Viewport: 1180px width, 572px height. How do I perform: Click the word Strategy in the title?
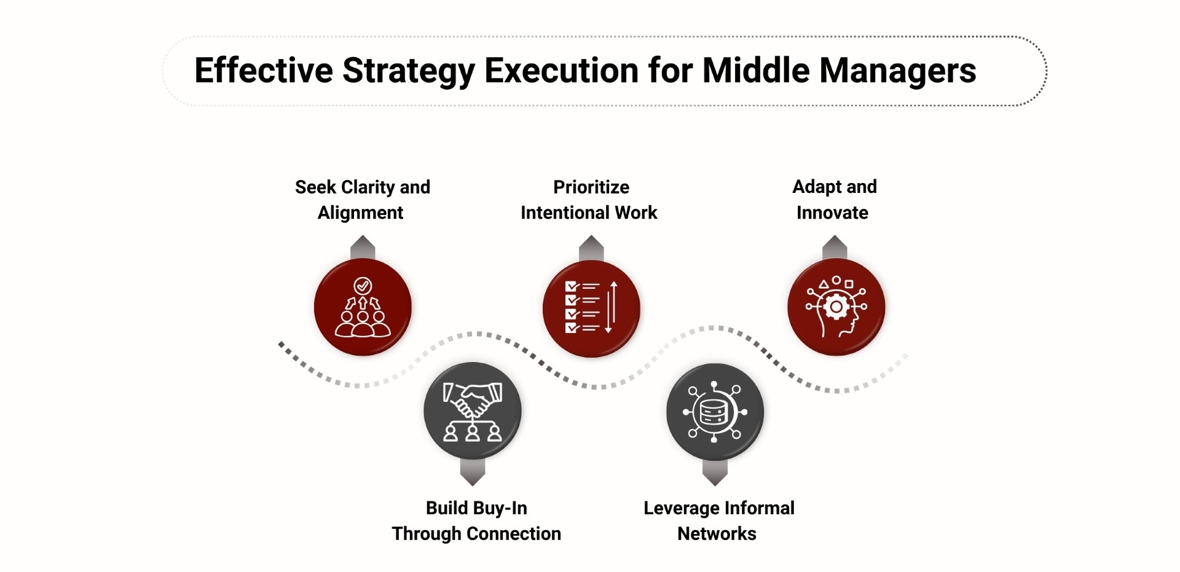(x=409, y=71)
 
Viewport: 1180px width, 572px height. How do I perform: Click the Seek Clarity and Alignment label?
(x=362, y=200)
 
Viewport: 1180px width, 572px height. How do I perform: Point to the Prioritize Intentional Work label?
(x=589, y=200)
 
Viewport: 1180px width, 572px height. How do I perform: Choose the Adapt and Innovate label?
(x=834, y=200)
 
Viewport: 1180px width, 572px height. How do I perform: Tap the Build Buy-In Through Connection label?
(x=476, y=520)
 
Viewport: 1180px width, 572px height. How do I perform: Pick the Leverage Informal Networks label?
(x=718, y=520)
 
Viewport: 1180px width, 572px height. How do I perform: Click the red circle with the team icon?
(x=363, y=307)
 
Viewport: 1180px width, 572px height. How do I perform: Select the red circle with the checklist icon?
(x=591, y=308)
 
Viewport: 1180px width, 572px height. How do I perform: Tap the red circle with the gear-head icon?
(x=836, y=307)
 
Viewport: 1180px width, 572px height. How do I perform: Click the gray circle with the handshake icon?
(x=472, y=410)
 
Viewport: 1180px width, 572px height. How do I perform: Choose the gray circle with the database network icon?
(x=715, y=412)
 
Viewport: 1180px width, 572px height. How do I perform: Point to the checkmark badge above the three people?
(x=363, y=286)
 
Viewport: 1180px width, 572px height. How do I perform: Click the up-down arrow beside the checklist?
(x=611, y=307)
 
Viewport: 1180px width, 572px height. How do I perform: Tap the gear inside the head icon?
(x=836, y=306)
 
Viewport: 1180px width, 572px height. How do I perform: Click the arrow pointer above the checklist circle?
(x=591, y=248)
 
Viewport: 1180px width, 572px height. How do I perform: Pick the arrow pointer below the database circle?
(x=715, y=473)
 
